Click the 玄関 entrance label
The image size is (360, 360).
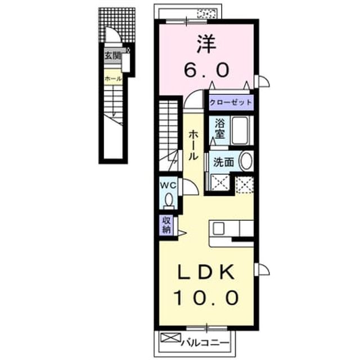tap(112, 55)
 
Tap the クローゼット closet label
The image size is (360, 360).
tap(231, 102)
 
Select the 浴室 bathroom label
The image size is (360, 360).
tap(220, 129)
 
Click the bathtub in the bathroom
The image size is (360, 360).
tap(240, 130)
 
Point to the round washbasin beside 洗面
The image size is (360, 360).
tap(246, 161)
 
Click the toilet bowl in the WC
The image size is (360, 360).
tap(169, 199)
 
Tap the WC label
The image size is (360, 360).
tap(169, 186)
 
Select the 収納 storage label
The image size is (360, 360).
tap(166, 225)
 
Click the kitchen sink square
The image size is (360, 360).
tap(218, 229)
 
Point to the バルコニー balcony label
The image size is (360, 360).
tap(205, 344)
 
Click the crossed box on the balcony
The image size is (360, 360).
tap(171, 337)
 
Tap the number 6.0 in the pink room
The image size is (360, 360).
tap(206, 70)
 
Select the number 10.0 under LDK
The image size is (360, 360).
tap(206, 298)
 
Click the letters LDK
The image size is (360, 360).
tap(206, 272)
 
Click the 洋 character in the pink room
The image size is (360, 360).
tap(206, 44)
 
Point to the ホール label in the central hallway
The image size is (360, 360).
tap(193, 145)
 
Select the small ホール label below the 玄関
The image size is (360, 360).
tap(113, 79)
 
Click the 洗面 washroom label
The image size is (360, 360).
tap(224, 162)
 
